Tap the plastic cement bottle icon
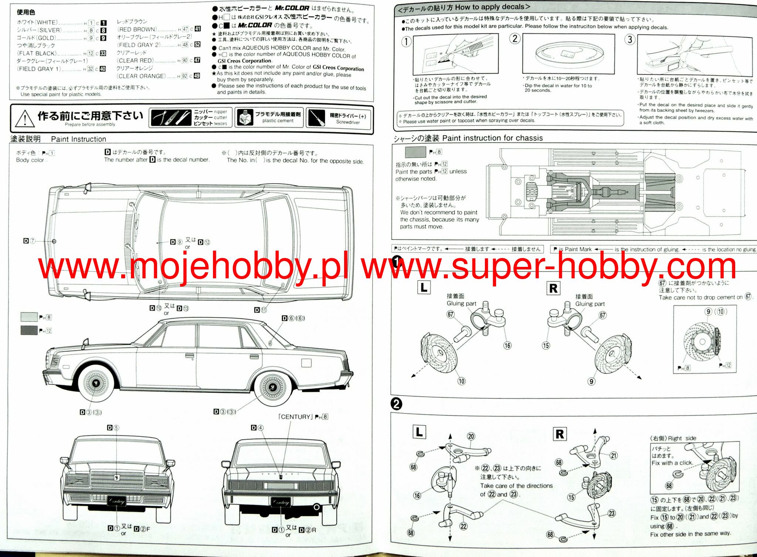click(x=244, y=118)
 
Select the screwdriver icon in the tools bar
click(x=316, y=118)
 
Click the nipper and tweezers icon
click(x=171, y=118)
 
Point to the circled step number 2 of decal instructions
click(x=515, y=38)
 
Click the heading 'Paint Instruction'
click(x=78, y=139)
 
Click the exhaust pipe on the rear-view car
click(x=316, y=507)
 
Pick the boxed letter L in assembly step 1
click(x=424, y=287)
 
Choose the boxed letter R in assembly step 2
click(x=560, y=434)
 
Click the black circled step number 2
click(x=396, y=404)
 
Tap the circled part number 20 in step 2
click(x=471, y=436)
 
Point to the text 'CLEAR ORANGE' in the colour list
click(x=142, y=76)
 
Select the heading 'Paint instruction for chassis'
click(x=492, y=138)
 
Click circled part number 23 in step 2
click(x=612, y=513)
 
